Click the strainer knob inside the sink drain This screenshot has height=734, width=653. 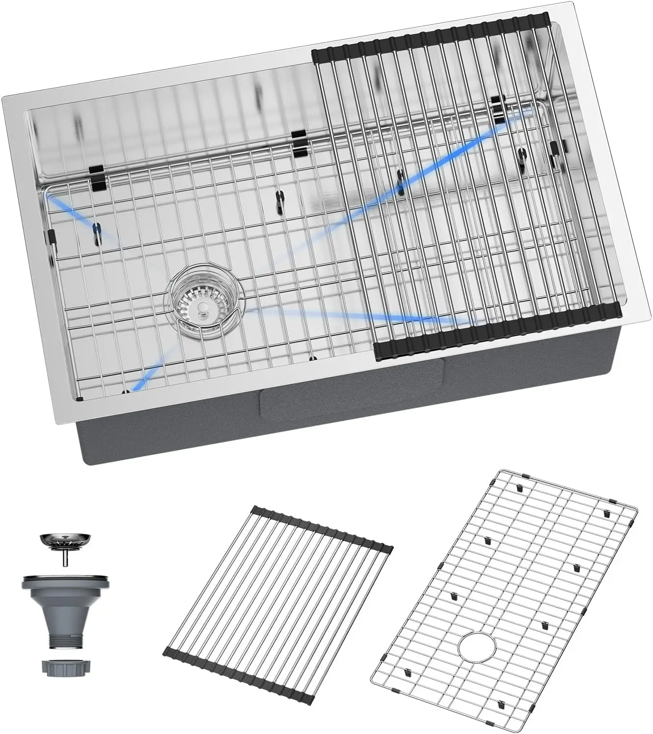201,307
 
